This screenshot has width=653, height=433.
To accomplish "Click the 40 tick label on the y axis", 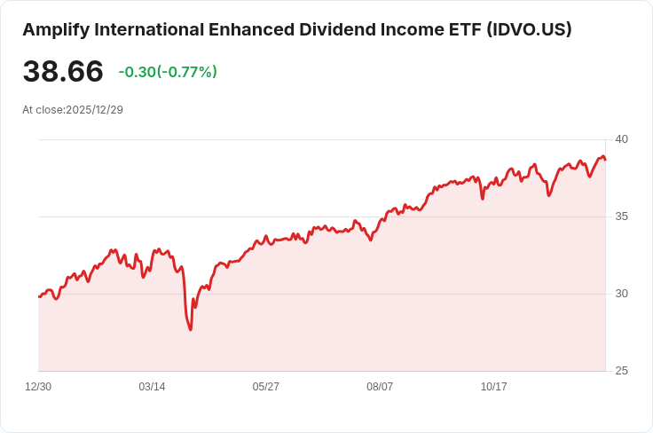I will tap(621, 139).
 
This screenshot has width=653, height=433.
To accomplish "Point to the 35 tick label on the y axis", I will tap(621, 216).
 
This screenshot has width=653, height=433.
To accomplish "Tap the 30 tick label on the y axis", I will tap(621, 294).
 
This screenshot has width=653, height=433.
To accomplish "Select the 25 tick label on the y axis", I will tap(621, 371).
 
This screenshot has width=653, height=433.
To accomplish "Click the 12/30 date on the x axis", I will tap(38, 387).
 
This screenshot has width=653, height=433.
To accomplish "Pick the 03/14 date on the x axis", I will tap(152, 387).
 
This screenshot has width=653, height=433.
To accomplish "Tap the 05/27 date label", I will tap(266, 387).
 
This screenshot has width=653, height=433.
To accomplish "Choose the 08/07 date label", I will tap(380, 387).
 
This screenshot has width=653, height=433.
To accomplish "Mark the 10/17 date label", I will tap(493, 387).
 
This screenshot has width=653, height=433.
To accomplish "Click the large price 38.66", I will tap(63, 72).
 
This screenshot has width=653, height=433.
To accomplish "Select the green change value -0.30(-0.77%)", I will tap(168, 72).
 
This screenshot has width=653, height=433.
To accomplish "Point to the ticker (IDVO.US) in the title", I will tap(529, 29).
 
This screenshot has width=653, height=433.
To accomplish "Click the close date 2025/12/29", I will tap(94, 109).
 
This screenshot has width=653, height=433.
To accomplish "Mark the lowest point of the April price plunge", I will tap(190, 330).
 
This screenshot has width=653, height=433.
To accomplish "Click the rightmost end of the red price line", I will tap(605, 160).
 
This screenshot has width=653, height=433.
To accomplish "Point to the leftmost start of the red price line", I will tap(39, 296).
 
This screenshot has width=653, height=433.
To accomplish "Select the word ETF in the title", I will tap(461, 29).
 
